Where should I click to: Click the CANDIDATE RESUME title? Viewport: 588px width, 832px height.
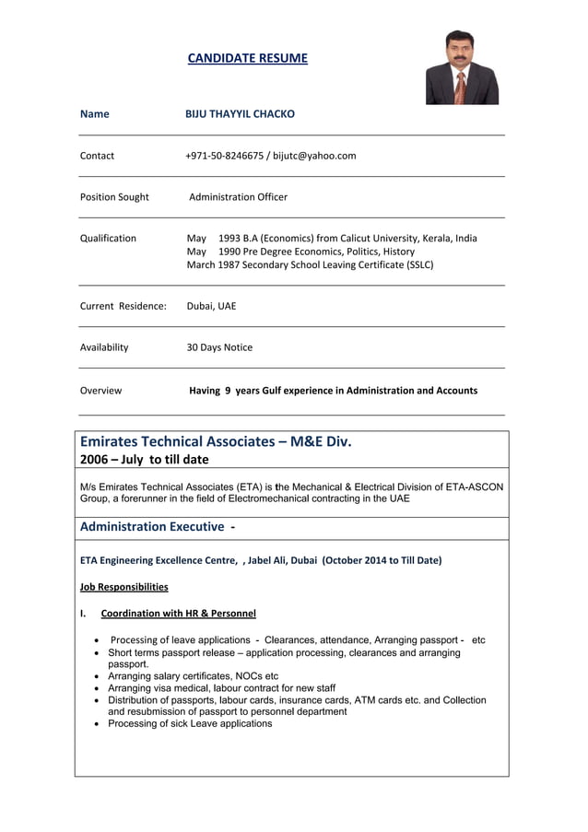coord(247,59)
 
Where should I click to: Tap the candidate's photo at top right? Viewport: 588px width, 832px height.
coord(462,67)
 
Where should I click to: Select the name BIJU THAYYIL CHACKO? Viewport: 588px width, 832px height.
coord(240,114)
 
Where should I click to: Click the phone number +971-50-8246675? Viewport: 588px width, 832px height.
coord(225,156)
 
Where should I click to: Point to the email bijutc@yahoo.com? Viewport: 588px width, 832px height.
coord(314,156)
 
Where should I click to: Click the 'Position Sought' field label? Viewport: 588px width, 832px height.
coord(114,197)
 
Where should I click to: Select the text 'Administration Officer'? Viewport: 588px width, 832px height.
coord(238,197)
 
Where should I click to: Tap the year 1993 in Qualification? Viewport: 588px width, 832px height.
coord(229,239)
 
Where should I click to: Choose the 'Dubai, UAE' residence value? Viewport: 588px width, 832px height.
coord(211,306)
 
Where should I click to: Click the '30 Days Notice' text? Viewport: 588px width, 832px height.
coord(219,347)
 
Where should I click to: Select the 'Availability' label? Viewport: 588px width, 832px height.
coord(104,347)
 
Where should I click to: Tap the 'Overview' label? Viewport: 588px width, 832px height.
coord(100,391)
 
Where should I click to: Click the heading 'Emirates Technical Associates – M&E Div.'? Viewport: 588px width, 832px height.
coord(216,441)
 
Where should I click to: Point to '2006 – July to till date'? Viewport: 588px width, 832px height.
coord(145,460)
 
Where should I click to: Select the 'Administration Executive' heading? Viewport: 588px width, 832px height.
coord(153,527)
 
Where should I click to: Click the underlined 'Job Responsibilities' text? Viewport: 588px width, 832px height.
coord(124,587)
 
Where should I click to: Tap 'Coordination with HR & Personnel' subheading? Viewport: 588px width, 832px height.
coord(178,614)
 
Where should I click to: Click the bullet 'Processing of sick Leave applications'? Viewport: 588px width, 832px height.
coord(190,724)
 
